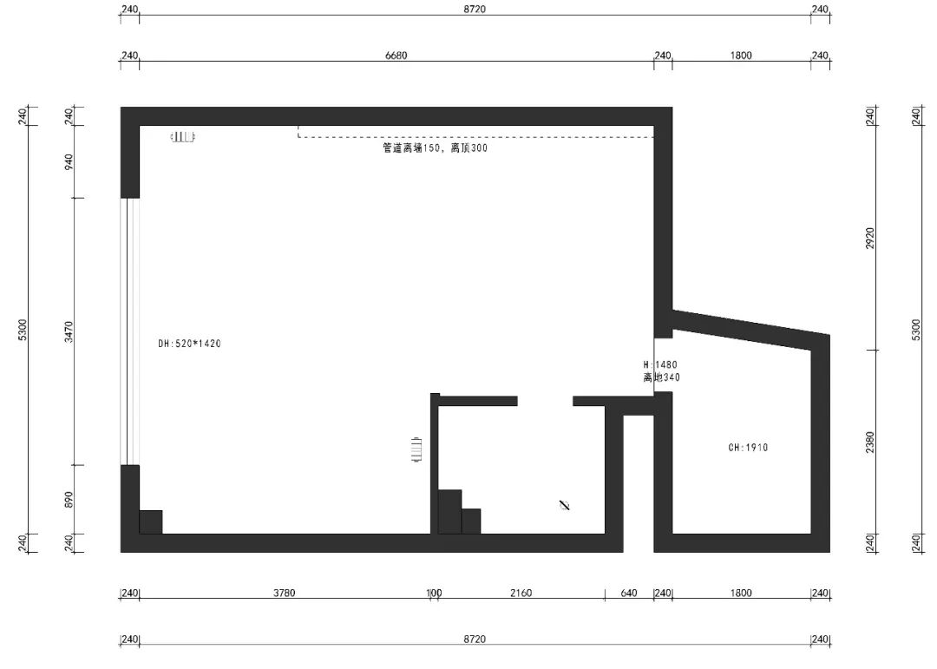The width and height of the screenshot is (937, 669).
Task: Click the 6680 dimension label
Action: (x=396, y=56)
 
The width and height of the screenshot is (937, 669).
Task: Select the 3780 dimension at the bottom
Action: (x=285, y=594)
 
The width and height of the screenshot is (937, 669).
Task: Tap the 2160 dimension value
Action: (x=521, y=594)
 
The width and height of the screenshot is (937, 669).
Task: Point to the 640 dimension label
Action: (x=629, y=594)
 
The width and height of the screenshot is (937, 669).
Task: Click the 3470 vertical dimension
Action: (x=69, y=331)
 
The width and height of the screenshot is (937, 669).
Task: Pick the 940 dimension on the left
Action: (x=69, y=161)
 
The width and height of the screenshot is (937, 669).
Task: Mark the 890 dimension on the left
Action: (x=69, y=500)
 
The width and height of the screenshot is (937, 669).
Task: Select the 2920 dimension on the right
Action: (x=870, y=238)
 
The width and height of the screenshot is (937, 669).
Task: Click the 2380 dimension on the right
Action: (x=870, y=442)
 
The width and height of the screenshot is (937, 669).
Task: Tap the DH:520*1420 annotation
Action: (x=190, y=344)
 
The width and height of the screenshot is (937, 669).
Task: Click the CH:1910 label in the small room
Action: (x=748, y=449)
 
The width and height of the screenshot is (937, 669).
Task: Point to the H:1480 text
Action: (x=659, y=365)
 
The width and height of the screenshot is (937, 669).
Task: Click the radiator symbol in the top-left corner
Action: (x=183, y=137)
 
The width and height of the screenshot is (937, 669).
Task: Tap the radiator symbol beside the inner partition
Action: (x=418, y=450)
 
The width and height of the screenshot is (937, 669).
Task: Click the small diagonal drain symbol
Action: (x=565, y=504)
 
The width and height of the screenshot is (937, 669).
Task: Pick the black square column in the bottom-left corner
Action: (x=151, y=521)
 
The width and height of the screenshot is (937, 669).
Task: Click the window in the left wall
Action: (x=129, y=331)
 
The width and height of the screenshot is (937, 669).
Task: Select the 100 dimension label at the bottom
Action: (x=434, y=594)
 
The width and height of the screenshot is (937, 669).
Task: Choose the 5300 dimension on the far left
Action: (x=23, y=330)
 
